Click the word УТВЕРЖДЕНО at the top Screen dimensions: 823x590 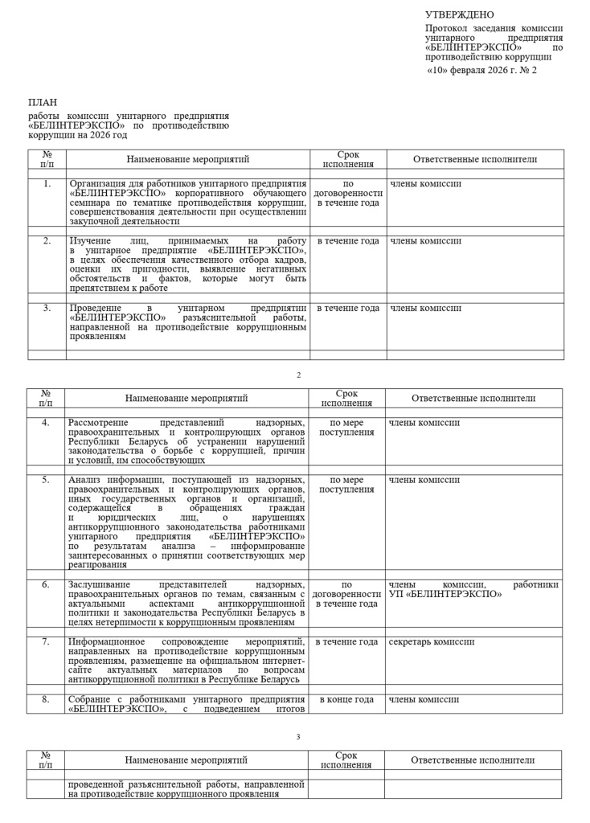460,14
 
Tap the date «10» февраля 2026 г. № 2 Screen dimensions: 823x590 481,71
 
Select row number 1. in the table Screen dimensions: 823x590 47,184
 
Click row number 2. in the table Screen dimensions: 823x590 47,240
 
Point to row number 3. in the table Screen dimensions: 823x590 47,308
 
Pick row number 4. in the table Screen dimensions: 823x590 46,423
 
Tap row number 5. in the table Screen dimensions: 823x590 46,480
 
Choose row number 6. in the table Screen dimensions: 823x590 46,584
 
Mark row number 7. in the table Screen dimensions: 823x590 46,642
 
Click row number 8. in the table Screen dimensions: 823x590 46,699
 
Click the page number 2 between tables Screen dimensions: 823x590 298,375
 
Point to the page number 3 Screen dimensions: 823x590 298,736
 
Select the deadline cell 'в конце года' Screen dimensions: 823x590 346,699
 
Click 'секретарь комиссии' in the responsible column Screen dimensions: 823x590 432,642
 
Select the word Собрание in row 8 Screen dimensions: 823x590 90,699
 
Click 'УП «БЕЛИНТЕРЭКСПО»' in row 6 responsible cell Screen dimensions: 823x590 445,594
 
